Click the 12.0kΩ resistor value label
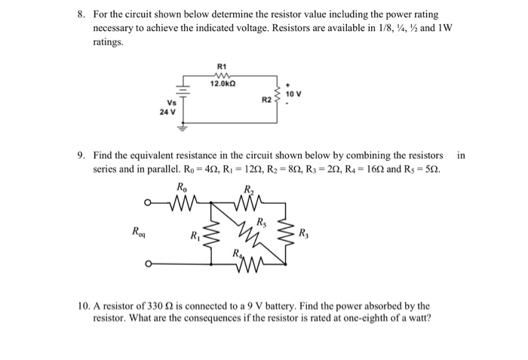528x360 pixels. pyautogui.click(x=223, y=84)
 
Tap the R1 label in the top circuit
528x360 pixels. pyautogui.click(x=222, y=66)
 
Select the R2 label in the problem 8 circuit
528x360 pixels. pyautogui.click(x=266, y=100)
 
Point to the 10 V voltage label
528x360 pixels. pyautogui.click(x=293, y=94)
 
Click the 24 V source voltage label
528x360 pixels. pyautogui.click(x=167, y=112)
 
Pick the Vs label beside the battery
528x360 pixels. pyautogui.click(x=171, y=103)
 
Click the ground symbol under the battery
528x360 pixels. pyautogui.click(x=183, y=128)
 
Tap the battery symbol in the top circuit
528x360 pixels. pyautogui.click(x=183, y=91)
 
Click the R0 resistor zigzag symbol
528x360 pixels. pyautogui.click(x=183, y=203)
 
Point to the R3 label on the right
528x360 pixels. pyautogui.click(x=303, y=233)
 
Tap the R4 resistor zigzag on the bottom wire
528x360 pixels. pyautogui.click(x=249, y=265)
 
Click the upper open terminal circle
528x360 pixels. pyautogui.click(x=147, y=203)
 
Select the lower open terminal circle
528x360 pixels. pyautogui.click(x=148, y=264)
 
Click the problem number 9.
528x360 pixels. pyautogui.click(x=80, y=155)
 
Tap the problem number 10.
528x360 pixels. pyautogui.click(x=83, y=306)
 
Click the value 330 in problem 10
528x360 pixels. pyautogui.click(x=155, y=306)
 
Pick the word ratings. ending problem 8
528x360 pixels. pyautogui.click(x=108, y=42)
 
